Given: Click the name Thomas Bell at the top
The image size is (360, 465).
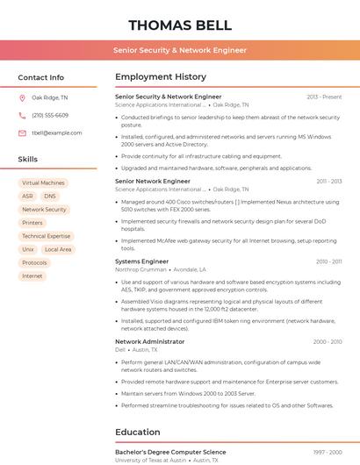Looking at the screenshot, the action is click(180, 25).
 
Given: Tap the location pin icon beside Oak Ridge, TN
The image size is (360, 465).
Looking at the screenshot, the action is click(22, 97).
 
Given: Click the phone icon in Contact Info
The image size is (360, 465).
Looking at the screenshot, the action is click(22, 115).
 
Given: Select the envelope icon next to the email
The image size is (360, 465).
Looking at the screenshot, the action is click(22, 133).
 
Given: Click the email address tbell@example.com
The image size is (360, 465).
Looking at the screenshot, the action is click(57, 133).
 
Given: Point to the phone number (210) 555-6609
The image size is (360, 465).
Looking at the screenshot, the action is click(50, 115).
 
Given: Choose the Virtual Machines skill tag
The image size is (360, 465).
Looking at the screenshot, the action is click(43, 183).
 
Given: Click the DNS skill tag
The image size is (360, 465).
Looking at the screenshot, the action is click(50, 197).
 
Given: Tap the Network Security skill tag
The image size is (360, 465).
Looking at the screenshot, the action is click(44, 210).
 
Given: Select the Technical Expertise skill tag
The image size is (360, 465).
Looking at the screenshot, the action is click(46, 236).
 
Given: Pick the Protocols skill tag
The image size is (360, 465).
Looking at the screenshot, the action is click(34, 262).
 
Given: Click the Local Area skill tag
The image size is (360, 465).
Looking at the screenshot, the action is click(58, 249).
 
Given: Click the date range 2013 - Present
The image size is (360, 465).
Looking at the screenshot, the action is click(324, 97).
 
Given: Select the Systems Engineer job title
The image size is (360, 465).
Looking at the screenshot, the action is click(141, 261).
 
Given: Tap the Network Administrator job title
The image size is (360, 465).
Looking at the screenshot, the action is click(149, 341).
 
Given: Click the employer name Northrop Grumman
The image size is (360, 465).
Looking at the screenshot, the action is click(140, 269).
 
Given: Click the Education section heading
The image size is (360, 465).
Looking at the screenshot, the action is click(137, 432).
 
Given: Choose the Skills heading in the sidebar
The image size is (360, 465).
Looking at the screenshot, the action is click(28, 159).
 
